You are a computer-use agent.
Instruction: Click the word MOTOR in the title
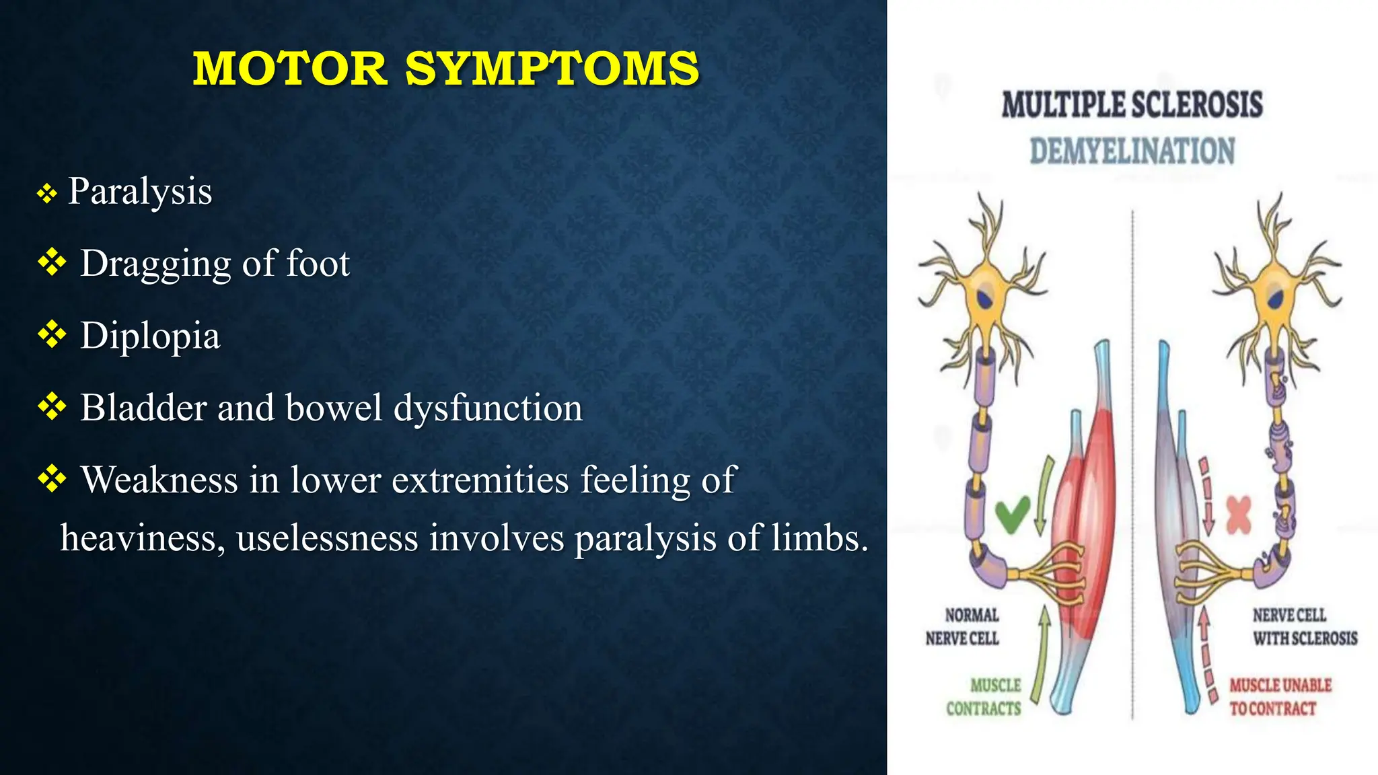[x=290, y=69]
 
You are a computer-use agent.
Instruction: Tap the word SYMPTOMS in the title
[x=552, y=69]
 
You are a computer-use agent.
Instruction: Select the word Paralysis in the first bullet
[x=140, y=192]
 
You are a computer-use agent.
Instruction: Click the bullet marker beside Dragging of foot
[x=52, y=262]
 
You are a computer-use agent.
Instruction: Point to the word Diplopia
[x=150, y=335]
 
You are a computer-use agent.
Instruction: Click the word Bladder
[x=143, y=408]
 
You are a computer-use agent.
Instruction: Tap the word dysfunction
[x=488, y=408]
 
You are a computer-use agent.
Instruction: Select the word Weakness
[x=160, y=480]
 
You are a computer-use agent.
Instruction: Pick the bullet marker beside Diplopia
[x=52, y=334]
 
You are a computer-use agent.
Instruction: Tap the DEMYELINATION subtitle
[x=1132, y=151]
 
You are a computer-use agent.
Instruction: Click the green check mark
[x=1012, y=515]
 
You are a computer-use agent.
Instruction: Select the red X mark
[x=1239, y=515]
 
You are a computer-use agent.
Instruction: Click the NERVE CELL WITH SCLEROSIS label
[x=1304, y=626]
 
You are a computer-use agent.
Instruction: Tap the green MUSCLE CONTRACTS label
[x=984, y=697]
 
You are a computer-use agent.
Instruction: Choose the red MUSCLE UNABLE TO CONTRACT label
[x=1280, y=697]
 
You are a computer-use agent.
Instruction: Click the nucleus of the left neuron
[x=986, y=296]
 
